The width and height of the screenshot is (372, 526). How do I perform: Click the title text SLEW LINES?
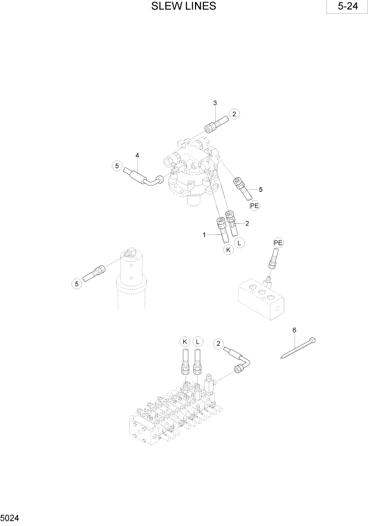tap(183, 6)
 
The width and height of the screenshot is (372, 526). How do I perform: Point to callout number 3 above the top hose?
tap(215, 102)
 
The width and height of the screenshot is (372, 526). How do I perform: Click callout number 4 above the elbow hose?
tap(137, 155)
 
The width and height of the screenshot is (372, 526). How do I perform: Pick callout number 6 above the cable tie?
tap(294, 330)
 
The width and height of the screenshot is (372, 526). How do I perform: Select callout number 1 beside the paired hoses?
tap(204, 234)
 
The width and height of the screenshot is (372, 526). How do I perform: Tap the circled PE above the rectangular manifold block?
tap(278, 243)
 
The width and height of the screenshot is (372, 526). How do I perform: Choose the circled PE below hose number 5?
tap(255, 205)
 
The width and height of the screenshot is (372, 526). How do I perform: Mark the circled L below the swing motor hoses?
tap(240, 243)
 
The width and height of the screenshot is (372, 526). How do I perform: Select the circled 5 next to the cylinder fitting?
tap(77, 284)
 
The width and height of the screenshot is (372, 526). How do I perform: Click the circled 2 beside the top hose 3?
tap(235, 113)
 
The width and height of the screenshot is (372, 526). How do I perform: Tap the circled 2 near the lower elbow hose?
tap(217, 344)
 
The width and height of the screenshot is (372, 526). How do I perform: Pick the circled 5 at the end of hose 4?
tap(116, 166)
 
